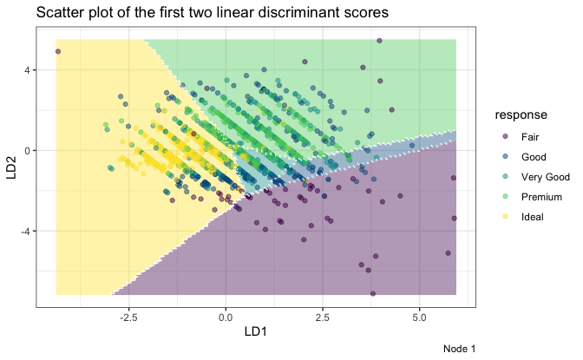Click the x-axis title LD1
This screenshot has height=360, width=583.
tap(256, 332)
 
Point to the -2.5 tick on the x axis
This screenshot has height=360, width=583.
tap(128, 316)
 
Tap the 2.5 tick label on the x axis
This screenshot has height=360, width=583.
tap(323, 316)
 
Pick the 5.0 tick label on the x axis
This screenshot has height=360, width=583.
tap(419, 316)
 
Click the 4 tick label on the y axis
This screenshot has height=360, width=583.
tap(26, 70)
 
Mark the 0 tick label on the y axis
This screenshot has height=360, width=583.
tap(26, 151)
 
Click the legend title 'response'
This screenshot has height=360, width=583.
tap(521, 115)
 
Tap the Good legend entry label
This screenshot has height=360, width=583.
tap(533, 157)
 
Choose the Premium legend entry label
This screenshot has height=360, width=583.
tap(541, 197)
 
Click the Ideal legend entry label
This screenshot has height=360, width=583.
tap(533, 217)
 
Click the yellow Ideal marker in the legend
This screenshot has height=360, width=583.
tap(504, 217)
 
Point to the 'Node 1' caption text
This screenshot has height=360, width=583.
tap(460, 349)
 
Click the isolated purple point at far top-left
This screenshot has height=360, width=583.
tap(58, 51)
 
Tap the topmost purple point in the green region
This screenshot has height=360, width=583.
tap(379, 41)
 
